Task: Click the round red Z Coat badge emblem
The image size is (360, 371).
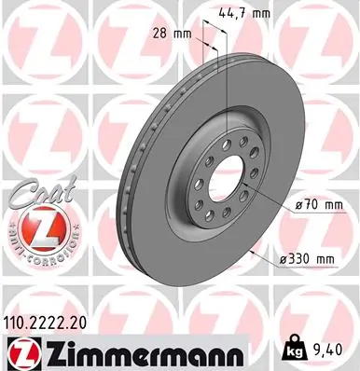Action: (36, 227)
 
